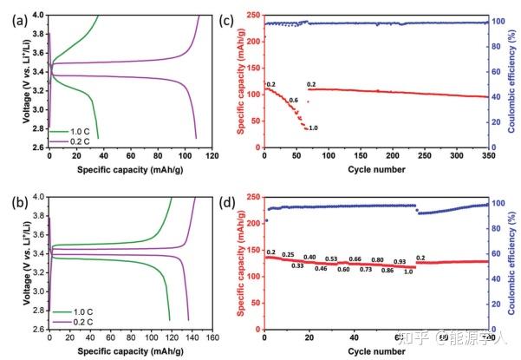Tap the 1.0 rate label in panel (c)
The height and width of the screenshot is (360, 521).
[312, 128]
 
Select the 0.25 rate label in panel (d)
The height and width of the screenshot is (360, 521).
[287, 254]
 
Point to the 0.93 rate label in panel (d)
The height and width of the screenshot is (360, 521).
[399, 260]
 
